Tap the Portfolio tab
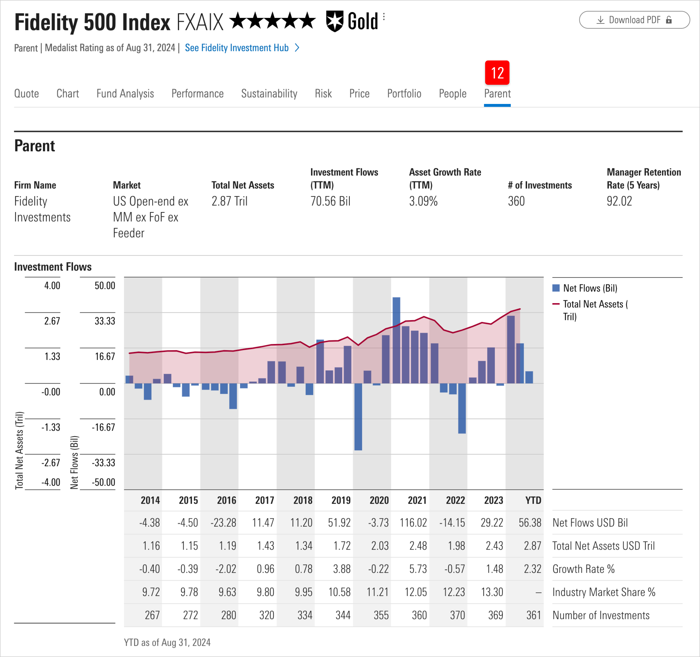404,93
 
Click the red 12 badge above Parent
497,73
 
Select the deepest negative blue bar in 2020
358,417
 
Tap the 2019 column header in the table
341,500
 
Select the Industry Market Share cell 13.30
492,592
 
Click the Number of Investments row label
601,615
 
